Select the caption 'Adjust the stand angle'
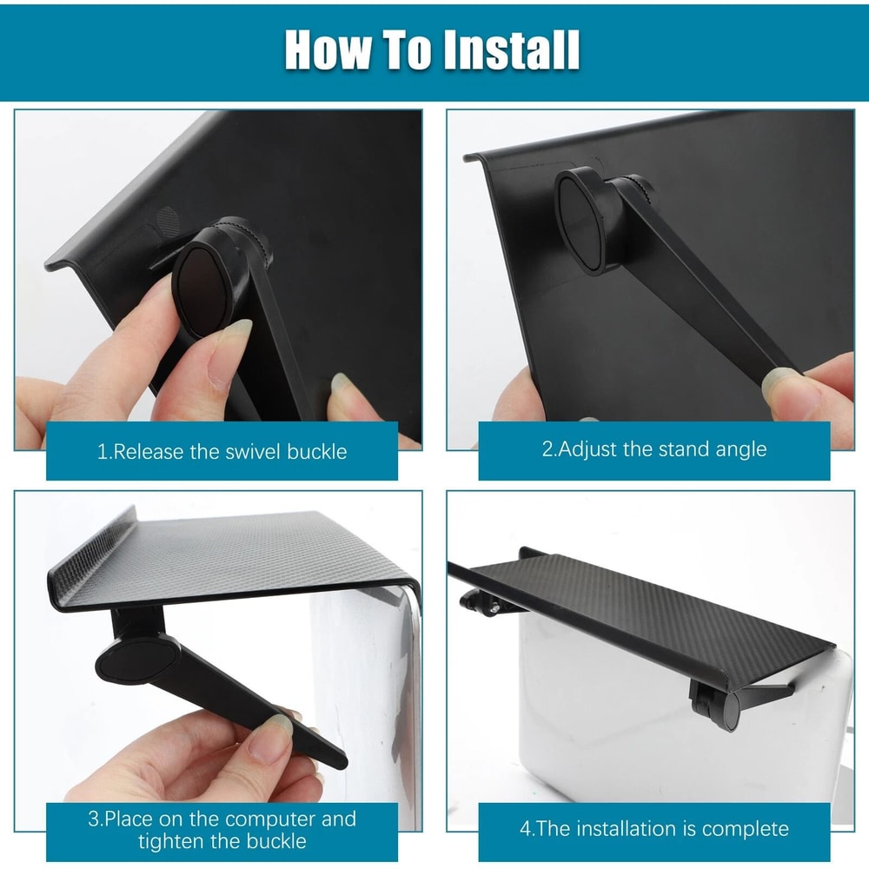coord(653,449)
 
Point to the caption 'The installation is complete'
coord(653,828)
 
